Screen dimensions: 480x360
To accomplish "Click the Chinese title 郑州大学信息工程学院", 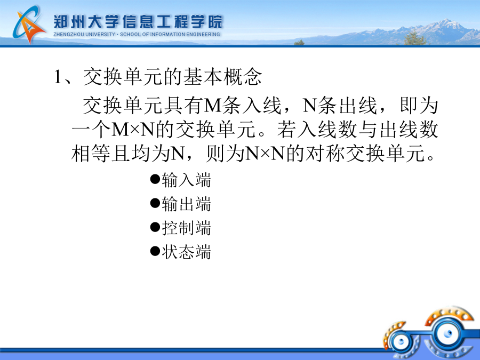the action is coord(138,21).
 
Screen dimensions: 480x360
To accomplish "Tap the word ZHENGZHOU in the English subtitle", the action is coord(69,34).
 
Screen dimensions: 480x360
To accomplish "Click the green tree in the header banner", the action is coord(414,38).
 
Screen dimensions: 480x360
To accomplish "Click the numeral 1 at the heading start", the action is coord(57,76).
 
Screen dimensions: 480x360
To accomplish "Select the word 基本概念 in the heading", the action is coord(223,76).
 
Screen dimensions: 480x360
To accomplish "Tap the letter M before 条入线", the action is coord(212,106).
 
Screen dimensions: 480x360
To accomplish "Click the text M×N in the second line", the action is coord(133,130).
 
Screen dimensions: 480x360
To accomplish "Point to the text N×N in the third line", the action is coord(265,154).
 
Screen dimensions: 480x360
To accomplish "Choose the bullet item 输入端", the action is coord(186,180).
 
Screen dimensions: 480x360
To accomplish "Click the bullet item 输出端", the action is coord(186,204).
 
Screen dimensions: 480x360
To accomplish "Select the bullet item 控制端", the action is coord(186,228).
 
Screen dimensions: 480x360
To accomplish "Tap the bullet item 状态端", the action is coord(186,252).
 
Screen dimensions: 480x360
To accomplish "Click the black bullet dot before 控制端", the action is coord(155,227).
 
